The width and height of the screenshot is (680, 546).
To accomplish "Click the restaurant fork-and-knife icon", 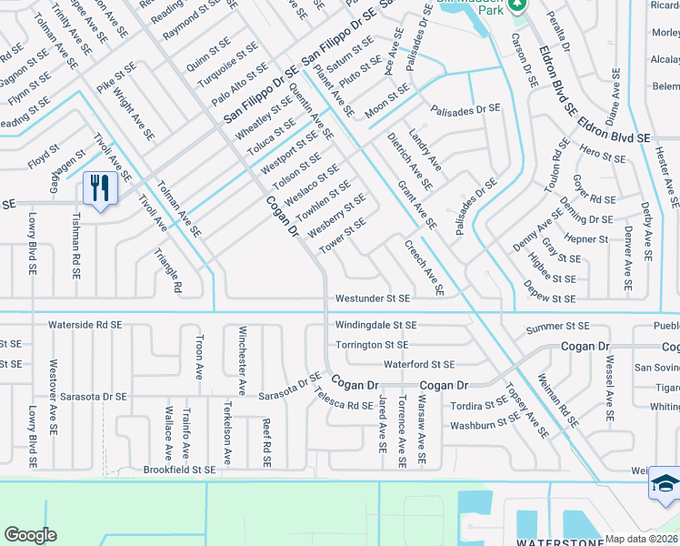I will point(98,188).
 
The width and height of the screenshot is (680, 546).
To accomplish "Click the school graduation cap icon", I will point(665,485).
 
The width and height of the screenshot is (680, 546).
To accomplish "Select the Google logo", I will point(30,535).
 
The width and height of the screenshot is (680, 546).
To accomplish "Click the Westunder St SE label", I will point(373,298).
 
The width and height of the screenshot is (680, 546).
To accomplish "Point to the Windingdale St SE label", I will point(375,325).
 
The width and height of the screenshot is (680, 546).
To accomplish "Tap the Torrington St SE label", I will point(372,345).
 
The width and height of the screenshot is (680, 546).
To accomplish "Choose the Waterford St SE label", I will point(418,364).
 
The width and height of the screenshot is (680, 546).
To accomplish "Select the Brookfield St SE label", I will point(179,470).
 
